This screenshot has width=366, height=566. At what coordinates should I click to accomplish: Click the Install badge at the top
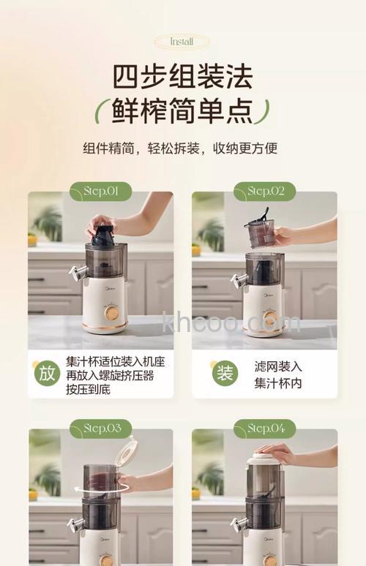(x=182, y=42)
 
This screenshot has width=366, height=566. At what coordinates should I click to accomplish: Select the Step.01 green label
(x=100, y=192)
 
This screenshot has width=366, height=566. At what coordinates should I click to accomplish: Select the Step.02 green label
(x=264, y=192)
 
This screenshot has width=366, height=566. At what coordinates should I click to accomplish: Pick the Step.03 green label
(x=100, y=429)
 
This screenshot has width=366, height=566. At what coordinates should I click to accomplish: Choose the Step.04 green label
(x=264, y=429)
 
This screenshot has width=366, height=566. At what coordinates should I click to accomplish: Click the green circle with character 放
(x=47, y=373)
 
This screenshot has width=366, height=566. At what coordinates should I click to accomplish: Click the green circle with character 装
(x=225, y=373)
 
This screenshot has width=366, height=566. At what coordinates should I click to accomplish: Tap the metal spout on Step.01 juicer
(x=75, y=273)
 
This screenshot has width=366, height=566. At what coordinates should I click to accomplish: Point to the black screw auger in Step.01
(x=103, y=235)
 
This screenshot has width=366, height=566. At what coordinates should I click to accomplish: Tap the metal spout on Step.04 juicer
(x=238, y=524)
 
